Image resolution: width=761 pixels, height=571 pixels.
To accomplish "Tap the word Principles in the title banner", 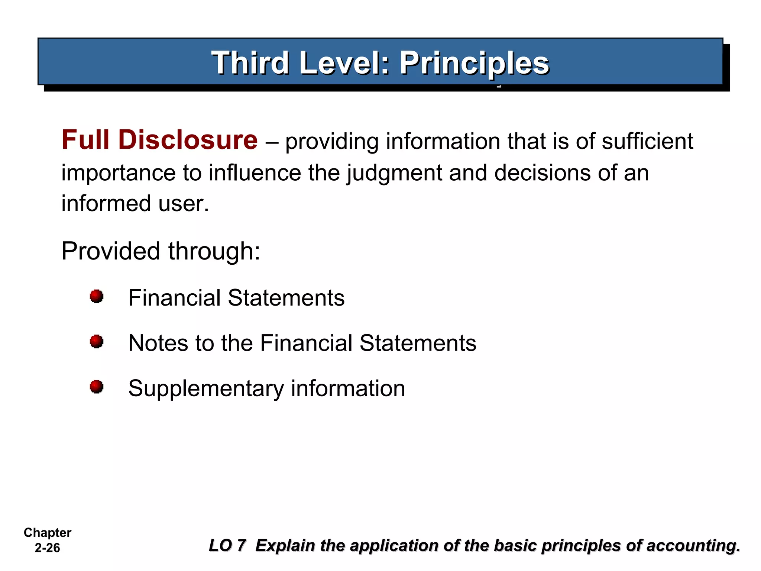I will (x=474, y=63).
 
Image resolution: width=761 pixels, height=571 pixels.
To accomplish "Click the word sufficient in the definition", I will (x=647, y=142).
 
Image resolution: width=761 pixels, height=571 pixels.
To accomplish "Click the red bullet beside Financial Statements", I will (x=97, y=297).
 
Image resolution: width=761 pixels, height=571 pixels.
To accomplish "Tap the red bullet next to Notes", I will (x=97, y=342).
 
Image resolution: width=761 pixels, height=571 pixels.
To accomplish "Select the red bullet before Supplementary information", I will (x=97, y=387).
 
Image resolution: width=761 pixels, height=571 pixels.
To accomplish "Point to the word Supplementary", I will (x=206, y=389).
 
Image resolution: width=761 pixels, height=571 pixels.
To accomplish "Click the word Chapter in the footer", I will (x=48, y=532).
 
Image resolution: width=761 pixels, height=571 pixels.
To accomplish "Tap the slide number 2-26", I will (x=47, y=548).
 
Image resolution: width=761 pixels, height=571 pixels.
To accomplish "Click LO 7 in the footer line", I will (x=227, y=545).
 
